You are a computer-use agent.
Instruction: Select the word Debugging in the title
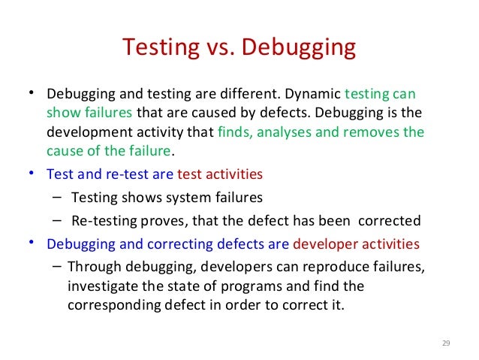coord(299,49)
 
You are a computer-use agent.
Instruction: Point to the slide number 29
coord(445,343)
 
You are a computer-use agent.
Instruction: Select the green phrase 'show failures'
coord(89,114)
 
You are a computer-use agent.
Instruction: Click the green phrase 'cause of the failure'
coord(110,150)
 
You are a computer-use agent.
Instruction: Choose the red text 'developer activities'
coord(357,244)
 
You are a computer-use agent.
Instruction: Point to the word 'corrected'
coord(390,221)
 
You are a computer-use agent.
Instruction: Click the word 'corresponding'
coord(105,304)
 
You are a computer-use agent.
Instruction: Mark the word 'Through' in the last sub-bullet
coord(90,268)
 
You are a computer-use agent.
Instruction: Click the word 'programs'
coord(253,286)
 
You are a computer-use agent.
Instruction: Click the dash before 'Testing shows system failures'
coord(58,198)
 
